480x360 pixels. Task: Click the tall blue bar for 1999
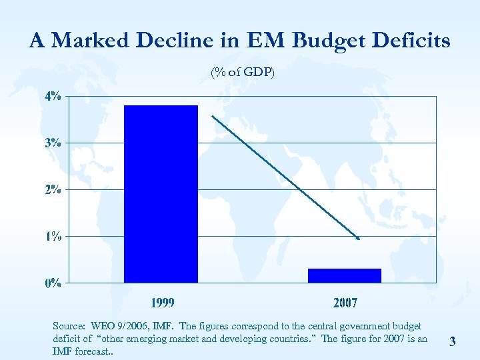[161, 193]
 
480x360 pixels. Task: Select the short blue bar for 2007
[344, 275]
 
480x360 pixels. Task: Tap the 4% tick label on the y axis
[53, 96]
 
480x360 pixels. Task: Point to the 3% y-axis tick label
[53, 143]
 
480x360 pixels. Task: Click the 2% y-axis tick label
[53, 189]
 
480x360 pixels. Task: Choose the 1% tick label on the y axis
[53, 236]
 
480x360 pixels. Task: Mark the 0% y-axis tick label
[53, 283]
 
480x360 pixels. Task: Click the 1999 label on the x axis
[162, 303]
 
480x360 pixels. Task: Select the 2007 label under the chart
[345, 303]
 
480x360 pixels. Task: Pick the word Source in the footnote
[69, 326]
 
